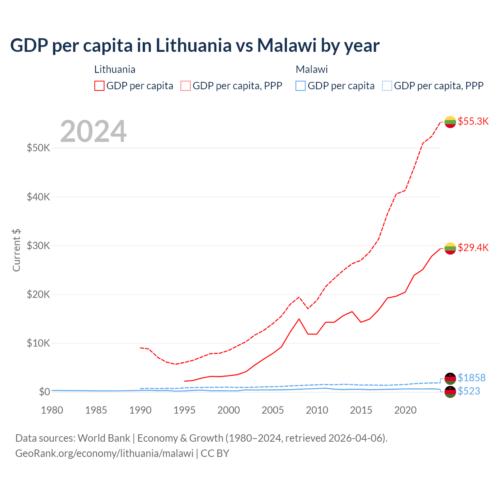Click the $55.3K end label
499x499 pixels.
(473, 121)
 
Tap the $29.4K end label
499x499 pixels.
(473, 248)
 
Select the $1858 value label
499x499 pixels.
(471, 378)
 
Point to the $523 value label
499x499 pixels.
(469, 391)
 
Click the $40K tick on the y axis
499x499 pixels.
(38, 197)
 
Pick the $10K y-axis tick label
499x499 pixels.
(38, 343)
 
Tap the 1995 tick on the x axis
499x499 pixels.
(184, 410)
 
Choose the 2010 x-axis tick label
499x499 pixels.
(317, 410)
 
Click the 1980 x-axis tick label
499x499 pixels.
(52, 410)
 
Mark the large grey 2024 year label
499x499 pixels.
(93, 131)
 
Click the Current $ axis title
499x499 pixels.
(16, 250)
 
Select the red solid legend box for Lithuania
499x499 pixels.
(99, 86)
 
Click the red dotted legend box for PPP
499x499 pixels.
(186, 86)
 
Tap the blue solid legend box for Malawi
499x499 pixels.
(301, 86)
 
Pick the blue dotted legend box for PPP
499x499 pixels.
(387, 86)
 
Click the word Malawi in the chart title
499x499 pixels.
(287, 45)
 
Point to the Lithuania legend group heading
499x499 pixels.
(115, 69)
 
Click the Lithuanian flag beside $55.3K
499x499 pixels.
(450, 122)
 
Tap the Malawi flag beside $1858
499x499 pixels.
(450, 378)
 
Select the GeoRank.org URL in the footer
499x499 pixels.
(104, 453)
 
